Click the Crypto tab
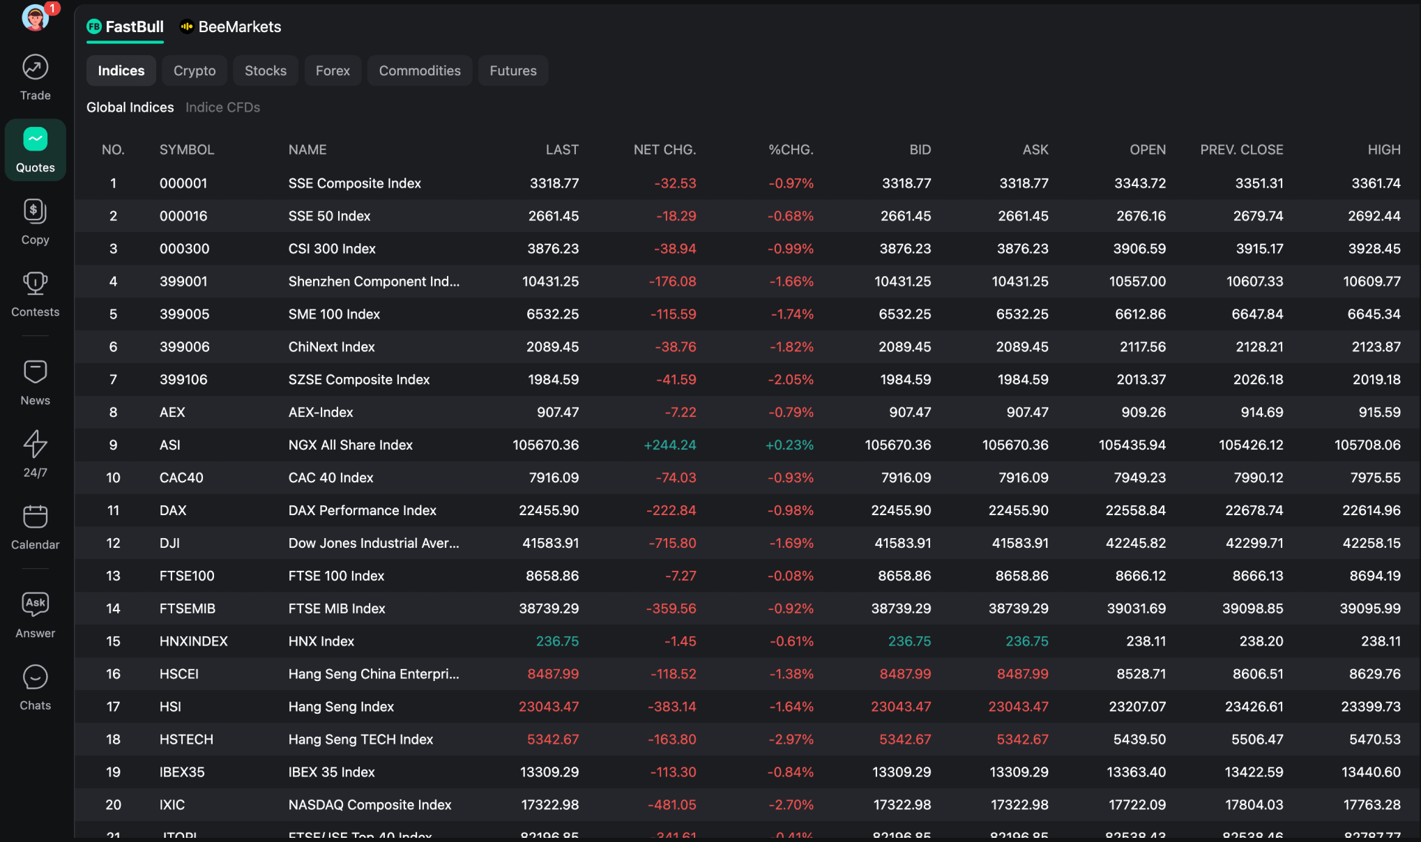coord(195,71)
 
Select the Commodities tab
coord(419,71)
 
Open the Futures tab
coord(512,71)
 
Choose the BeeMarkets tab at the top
coord(231,27)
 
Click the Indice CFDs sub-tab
coord(222,107)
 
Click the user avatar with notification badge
coord(35,17)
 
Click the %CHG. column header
coord(790,150)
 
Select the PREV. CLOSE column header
coord(1241,150)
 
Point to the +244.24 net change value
coord(669,445)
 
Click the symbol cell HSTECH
coord(186,740)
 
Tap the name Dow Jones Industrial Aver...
coord(374,544)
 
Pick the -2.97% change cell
coord(791,740)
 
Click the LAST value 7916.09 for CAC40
coord(553,478)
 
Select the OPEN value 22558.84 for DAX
coord(1135,511)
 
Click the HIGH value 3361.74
coord(1375,183)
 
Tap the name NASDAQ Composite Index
coord(370,805)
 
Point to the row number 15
coord(113,641)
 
